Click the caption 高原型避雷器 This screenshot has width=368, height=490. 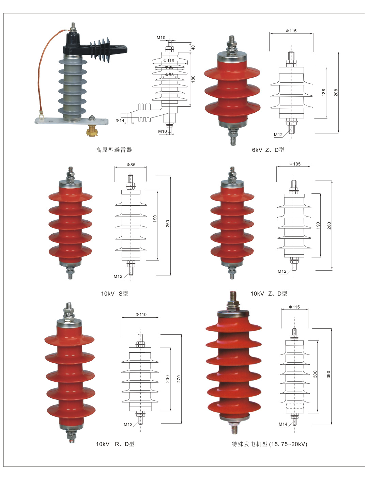pos(114,150)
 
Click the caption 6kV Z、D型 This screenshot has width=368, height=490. pos(268,150)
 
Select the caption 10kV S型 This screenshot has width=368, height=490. pos(114,294)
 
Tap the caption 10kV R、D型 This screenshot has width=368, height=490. pos(115,444)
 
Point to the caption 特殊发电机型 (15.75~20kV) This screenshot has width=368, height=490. pos(269,444)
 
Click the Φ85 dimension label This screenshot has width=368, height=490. pos(131,165)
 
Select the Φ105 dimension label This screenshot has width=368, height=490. pos(295,164)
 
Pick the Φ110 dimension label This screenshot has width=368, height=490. pos(141,315)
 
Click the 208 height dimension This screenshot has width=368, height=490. pos(336,92)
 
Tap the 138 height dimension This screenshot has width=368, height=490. pos(324,92)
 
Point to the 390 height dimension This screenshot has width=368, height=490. pos(329,374)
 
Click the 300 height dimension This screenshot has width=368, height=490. pos(315,374)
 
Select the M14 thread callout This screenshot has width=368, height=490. pos(283,424)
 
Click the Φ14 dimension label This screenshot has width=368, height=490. pos(120,121)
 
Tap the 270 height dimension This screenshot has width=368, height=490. pos(179,379)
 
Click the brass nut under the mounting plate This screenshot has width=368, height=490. pos(92,130)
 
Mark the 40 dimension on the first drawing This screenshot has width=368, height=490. pos(193,48)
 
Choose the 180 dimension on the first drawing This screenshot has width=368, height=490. pos(193,79)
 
